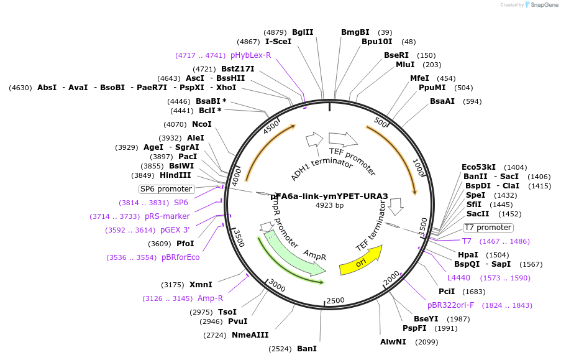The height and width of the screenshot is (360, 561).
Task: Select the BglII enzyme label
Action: point(303,32)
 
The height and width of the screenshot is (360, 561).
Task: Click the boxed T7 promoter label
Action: point(488,228)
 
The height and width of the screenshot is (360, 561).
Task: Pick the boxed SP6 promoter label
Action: point(166,189)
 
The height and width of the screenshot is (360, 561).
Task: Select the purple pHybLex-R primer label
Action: point(250,55)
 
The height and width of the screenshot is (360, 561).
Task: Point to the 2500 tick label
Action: point(335,301)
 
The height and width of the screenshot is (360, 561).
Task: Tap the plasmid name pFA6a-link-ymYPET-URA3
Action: point(329,196)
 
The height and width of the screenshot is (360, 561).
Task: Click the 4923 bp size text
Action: point(329,205)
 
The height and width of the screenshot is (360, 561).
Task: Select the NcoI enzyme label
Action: point(201,124)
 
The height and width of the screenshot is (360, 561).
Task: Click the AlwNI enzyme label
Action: point(393,342)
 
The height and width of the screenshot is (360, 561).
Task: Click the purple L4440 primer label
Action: point(459,278)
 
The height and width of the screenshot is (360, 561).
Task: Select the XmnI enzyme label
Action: point(201,285)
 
